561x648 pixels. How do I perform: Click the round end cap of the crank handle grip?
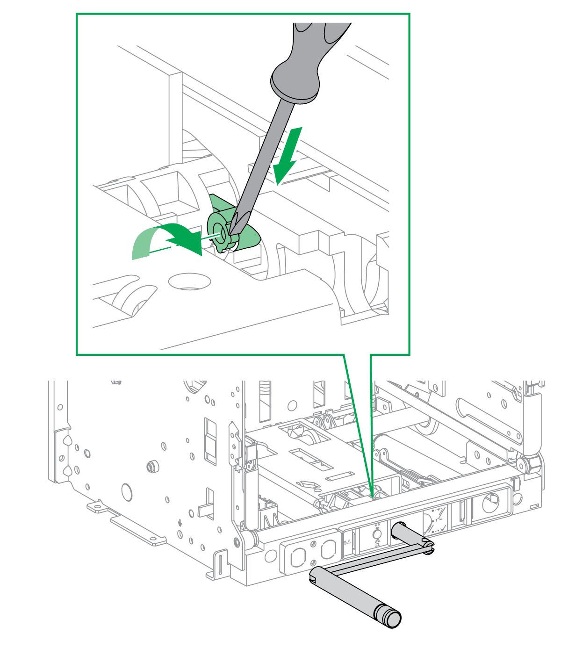pos(393,619)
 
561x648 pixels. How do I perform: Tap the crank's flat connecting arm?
pos(374,561)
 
